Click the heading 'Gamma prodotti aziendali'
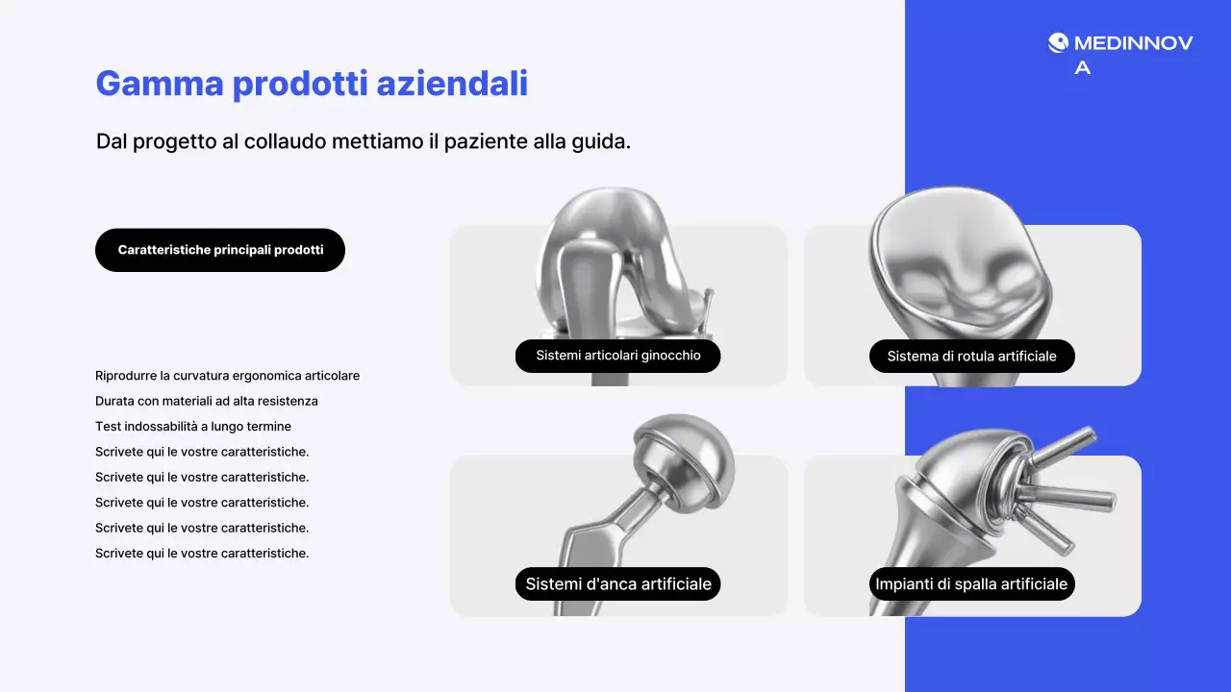click(x=312, y=84)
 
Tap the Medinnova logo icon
click(x=1058, y=43)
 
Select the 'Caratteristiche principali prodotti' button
click(x=220, y=250)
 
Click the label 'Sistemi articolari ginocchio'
click(x=617, y=356)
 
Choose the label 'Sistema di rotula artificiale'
click(x=971, y=357)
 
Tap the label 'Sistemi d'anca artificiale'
click(x=617, y=583)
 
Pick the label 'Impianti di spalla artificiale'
click(x=971, y=583)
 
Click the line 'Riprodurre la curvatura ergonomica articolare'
click(x=227, y=376)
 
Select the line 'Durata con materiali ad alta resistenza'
click(x=206, y=401)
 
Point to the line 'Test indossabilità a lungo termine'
click(x=192, y=426)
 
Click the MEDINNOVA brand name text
click(x=1133, y=43)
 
